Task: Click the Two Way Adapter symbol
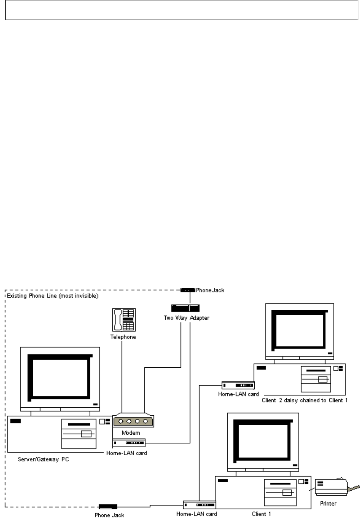pyautogui.click(x=185, y=308)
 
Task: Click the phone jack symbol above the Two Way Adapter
pyautogui.click(x=187, y=289)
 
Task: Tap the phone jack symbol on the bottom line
pyautogui.click(x=107, y=506)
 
